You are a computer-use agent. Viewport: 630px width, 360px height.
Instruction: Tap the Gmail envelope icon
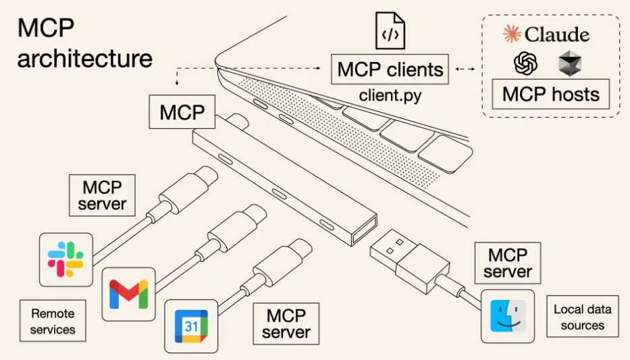128,294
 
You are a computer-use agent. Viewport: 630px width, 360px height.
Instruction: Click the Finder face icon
507,316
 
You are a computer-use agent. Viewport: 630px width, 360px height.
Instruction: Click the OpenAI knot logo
525,65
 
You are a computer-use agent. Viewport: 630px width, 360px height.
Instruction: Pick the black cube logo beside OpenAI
569,65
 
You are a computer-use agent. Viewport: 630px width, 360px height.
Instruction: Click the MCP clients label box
390,69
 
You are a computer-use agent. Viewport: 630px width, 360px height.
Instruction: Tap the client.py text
390,95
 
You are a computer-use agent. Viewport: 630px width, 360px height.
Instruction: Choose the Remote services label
53,322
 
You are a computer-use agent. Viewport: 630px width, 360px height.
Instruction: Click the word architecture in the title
85,58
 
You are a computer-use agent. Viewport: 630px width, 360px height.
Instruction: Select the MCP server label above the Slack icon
102,195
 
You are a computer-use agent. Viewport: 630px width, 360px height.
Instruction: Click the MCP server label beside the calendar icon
286,324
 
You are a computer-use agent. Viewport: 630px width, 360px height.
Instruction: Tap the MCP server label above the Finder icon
507,263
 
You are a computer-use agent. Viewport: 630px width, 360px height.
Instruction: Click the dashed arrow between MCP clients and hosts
465,69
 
